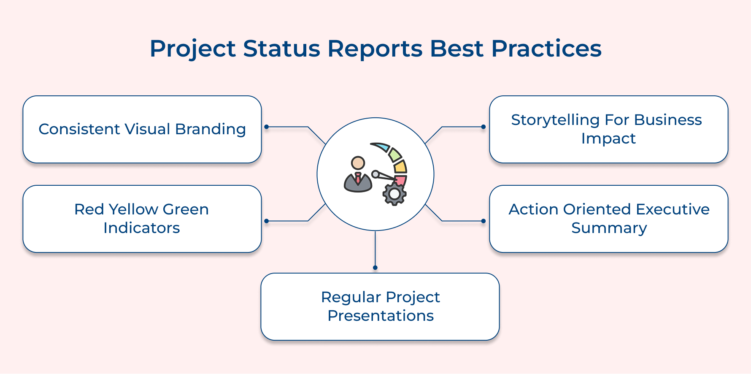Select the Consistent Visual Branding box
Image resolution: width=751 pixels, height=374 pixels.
pyautogui.click(x=142, y=129)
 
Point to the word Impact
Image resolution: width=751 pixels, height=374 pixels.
pyautogui.click(x=608, y=138)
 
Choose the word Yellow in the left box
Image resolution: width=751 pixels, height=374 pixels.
pyautogui.click(x=133, y=209)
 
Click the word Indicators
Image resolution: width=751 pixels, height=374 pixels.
pyautogui.click(x=142, y=228)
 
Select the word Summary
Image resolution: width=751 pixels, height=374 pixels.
pyautogui.click(x=609, y=228)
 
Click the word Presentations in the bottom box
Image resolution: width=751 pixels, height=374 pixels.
pyautogui.click(x=380, y=316)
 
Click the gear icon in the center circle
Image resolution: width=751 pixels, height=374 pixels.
pyautogui.click(x=394, y=194)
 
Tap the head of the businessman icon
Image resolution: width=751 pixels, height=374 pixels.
pyautogui.click(x=358, y=163)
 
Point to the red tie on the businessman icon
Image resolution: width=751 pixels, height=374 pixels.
pyautogui.click(x=358, y=178)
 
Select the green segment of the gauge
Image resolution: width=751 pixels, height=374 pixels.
pyautogui.click(x=394, y=154)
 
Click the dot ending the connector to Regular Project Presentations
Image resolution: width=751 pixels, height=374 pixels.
pyautogui.click(x=375, y=268)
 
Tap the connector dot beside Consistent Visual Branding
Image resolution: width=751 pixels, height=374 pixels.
pyautogui.click(x=266, y=127)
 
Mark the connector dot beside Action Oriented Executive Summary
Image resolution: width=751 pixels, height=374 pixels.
pyautogui.click(x=484, y=221)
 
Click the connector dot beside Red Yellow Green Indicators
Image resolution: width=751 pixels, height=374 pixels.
pyautogui.click(x=266, y=221)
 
